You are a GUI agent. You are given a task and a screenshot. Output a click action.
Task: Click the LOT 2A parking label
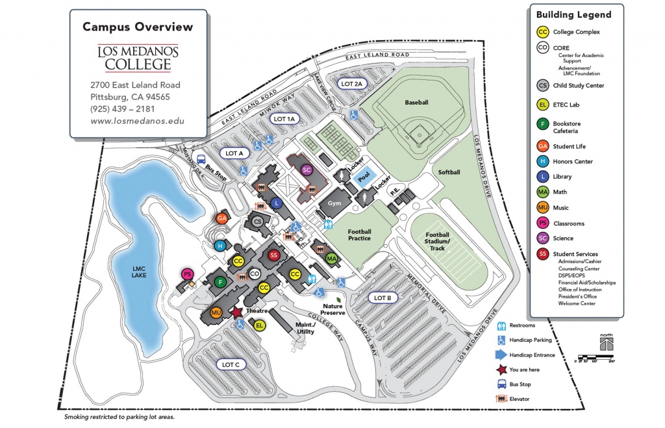pos(355,84)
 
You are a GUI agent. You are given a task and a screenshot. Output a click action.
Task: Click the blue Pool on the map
pos(364,176)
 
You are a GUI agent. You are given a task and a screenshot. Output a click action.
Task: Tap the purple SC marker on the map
pos(308,170)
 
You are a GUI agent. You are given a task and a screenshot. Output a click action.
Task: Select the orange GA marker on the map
pos(222,218)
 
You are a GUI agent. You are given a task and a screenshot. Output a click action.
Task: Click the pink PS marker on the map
pos(187,273)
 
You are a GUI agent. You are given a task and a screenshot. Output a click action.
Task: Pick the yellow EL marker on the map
pos(260,325)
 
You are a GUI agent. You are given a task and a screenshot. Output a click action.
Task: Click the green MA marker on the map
pos(332,259)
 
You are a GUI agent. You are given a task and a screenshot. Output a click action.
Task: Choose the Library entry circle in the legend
pos(542,177)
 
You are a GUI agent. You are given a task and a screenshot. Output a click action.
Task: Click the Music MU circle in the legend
pos(542,208)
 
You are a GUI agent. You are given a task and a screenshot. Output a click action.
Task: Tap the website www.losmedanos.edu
pos(137,121)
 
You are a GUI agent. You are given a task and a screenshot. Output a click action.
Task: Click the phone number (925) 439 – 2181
pos(123,108)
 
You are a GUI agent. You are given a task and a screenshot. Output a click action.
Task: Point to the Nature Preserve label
pos(332,308)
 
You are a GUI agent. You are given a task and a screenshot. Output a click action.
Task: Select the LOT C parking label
pos(231,364)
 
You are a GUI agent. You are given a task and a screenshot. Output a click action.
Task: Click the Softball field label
pos(449,172)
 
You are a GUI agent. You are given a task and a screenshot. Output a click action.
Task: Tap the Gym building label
pos(334,203)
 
